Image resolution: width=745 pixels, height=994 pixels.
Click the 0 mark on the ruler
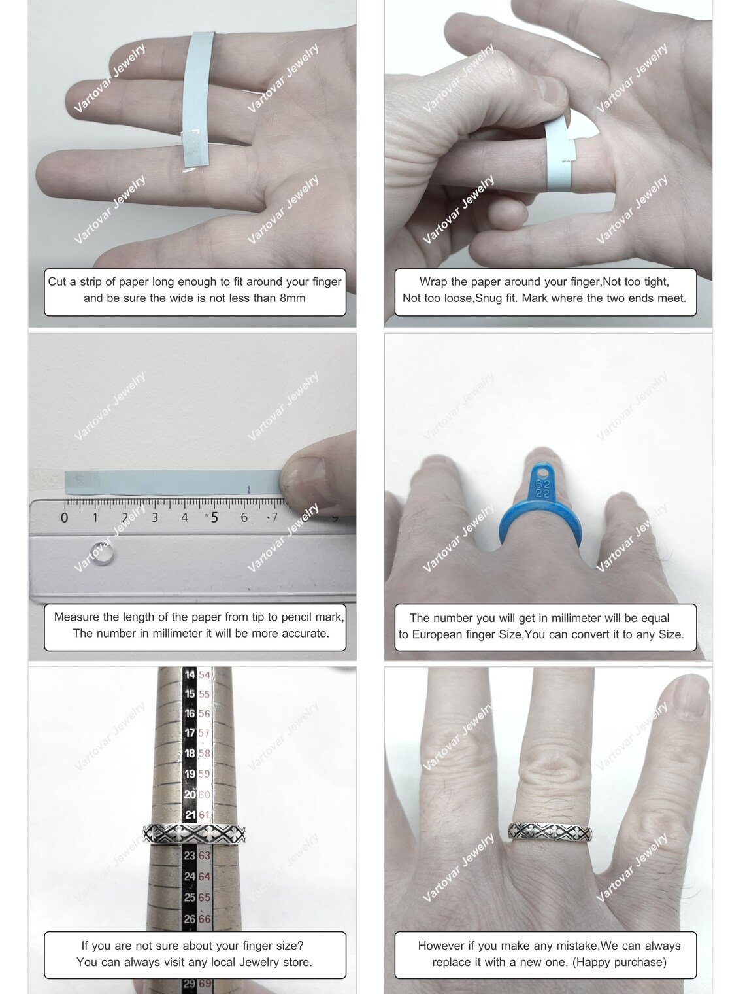pyautogui.click(x=64, y=517)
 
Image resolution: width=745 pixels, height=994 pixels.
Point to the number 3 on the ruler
pyautogui.click(x=155, y=517)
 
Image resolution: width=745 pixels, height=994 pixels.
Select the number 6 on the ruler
pyautogui.click(x=244, y=517)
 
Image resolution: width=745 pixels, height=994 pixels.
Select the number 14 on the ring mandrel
pyautogui.click(x=190, y=675)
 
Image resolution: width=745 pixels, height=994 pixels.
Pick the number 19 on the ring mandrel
pyautogui.click(x=190, y=774)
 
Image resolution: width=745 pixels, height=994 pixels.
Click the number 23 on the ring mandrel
pyautogui.click(x=190, y=855)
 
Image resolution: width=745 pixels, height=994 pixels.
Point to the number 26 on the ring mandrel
pyautogui.click(x=190, y=919)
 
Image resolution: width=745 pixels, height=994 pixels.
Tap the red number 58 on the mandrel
pyautogui.click(x=204, y=753)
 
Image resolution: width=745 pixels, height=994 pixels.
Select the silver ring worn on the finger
pyautogui.click(x=550, y=832)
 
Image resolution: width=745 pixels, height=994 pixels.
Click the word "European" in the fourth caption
pyautogui.click(x=436, y=634)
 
